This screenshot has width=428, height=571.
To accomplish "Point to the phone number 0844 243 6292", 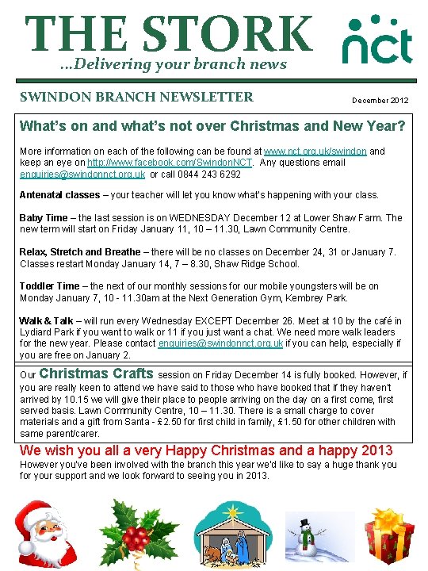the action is point(207,174).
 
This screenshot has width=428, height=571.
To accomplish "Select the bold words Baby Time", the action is point(44,218).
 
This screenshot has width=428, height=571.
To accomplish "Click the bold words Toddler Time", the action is point(49,286).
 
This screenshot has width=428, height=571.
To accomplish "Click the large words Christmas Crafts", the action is point(96,374).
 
